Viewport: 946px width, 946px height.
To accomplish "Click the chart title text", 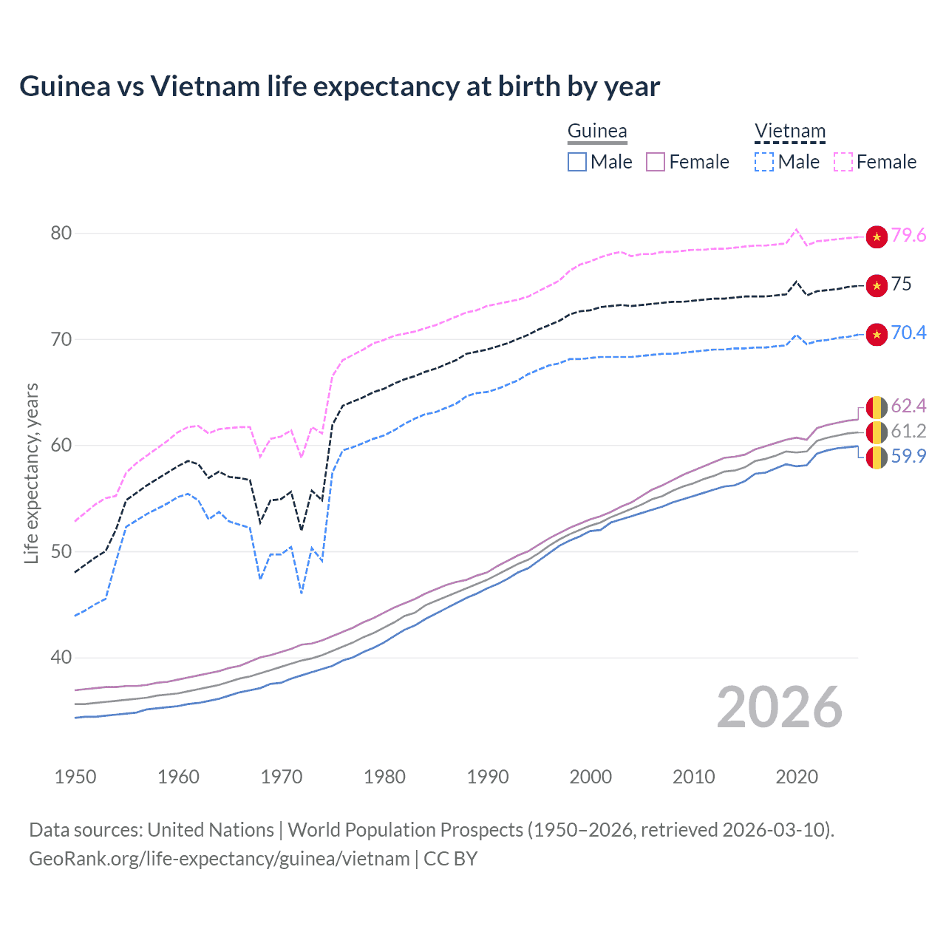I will tap(339, 86).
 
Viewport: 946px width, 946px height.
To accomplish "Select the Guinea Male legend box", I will tap(577, 162).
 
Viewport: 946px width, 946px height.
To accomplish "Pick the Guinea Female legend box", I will tap(656, 162).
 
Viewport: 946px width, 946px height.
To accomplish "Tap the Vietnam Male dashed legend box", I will tap(764, 162).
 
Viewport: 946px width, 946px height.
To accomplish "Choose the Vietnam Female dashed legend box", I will tap(843, 162).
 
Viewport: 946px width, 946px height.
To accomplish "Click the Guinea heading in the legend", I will tap(597, 131).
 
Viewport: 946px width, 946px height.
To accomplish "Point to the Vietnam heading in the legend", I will tap(789, 131).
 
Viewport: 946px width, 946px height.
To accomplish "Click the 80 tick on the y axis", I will tap(61, 233).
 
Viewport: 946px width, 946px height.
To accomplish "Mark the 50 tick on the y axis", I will tap(61, 551).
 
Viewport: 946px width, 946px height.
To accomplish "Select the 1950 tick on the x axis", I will tap(75, 777).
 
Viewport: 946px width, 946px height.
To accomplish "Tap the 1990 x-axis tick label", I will tap(488, 777).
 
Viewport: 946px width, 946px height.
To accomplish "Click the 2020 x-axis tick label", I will tap(797, 777).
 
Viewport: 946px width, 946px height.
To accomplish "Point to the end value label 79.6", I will tap(908, 235).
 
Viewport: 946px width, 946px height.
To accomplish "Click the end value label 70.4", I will tap(908, 333).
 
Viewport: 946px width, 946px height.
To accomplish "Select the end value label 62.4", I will tap(908, 406).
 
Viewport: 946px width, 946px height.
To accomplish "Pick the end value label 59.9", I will tap(908, 456).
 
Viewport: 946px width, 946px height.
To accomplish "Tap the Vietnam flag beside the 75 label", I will tap(877, 285).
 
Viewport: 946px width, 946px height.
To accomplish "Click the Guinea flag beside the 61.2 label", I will tap(877, 432).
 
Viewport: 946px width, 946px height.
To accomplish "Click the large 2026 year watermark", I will tap(779, 707).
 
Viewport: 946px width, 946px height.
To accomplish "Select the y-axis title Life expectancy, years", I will tap(31, 473).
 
